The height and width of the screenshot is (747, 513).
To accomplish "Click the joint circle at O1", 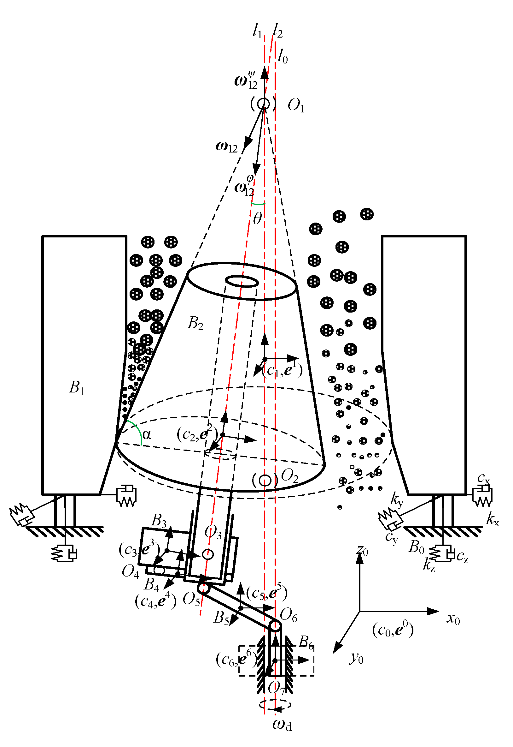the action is (264, 104).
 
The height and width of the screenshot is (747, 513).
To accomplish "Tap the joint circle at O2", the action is (265, 480).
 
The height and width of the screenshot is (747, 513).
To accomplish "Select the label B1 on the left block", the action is (77, 387).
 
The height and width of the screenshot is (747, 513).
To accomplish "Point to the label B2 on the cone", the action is (195, 323).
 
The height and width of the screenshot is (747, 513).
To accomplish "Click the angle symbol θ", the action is (258, 218).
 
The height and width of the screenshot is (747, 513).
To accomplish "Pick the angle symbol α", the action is (147, 435).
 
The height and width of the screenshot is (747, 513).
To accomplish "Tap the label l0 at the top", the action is (283, 56).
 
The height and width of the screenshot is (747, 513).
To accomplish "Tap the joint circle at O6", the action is (275, 626).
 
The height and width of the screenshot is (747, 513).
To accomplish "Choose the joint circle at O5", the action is (203, 588).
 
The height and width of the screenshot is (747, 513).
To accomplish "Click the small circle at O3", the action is (208, 554).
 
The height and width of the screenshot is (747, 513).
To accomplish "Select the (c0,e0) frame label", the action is (393, 629).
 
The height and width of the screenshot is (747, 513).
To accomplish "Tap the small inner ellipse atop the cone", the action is (242, 282).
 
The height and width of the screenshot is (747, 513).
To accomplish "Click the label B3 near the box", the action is (159, 520).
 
